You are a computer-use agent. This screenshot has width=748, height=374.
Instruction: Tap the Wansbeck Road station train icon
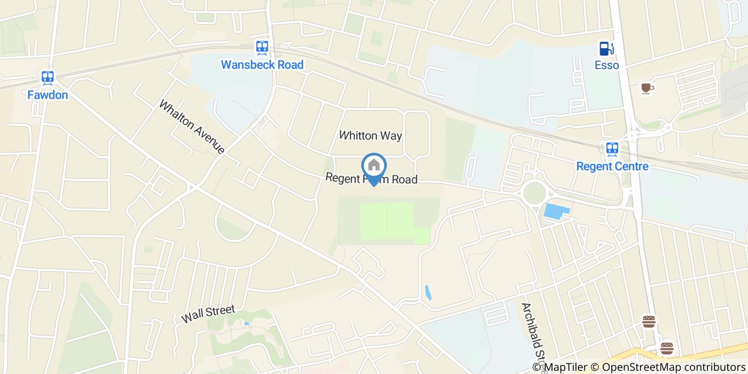(x=262, y=48)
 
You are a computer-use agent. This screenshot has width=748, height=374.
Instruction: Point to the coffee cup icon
(x=647, y=88)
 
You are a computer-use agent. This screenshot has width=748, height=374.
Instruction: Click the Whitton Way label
(x=370, y=136)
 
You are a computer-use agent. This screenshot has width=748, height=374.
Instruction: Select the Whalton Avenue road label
(x=192, y=127)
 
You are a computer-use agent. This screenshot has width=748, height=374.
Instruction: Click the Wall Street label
(x=208, y=314)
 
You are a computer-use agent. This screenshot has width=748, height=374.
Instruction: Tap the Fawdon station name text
(x=48, y=95)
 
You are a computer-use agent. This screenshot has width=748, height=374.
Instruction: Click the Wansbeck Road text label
(x=262, y=65)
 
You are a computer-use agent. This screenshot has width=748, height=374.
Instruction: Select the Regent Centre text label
(x=612, y=166)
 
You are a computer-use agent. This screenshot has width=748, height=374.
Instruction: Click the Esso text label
(x=606, y=65)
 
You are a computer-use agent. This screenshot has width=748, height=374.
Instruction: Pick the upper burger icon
(x=649, y=321)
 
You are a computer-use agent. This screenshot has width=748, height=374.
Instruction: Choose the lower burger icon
(x=667, y=348)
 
